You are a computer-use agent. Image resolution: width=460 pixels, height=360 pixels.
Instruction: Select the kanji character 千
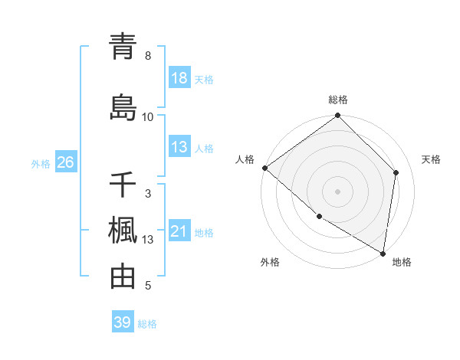click(123, 185)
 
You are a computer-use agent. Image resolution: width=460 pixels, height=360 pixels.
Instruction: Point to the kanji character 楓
click(123, 231)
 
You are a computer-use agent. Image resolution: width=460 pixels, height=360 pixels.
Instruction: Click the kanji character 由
click(123, 277)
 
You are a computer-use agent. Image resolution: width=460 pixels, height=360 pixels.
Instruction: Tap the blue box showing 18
click(179, 78)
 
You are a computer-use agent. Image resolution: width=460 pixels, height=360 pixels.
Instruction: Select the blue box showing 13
click(179, 147)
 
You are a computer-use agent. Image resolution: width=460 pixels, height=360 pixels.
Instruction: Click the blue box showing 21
click(179, 231)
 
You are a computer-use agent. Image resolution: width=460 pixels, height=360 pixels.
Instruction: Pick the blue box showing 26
click(65, 162)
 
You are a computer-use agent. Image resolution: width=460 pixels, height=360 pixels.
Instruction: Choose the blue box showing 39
click(123, 322)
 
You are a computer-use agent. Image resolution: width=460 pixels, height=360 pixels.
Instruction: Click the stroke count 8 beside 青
click(148, 56)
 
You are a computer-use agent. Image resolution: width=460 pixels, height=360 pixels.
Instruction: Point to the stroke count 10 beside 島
click(148, 116)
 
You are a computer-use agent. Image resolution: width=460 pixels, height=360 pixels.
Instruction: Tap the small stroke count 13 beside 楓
click(148, 240)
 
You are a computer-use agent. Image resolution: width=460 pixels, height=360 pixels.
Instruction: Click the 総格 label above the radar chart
click(338, 100)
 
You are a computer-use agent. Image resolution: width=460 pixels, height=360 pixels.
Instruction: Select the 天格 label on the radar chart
click(432, 159)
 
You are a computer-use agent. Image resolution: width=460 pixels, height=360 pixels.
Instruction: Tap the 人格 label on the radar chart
click(245, 159)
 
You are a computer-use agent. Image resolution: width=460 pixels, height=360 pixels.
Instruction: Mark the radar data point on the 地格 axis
click(383, 252)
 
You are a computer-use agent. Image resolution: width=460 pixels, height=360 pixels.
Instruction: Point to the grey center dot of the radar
click(338, 191)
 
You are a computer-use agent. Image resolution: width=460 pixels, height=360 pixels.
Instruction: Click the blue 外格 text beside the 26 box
click(41, 163)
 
